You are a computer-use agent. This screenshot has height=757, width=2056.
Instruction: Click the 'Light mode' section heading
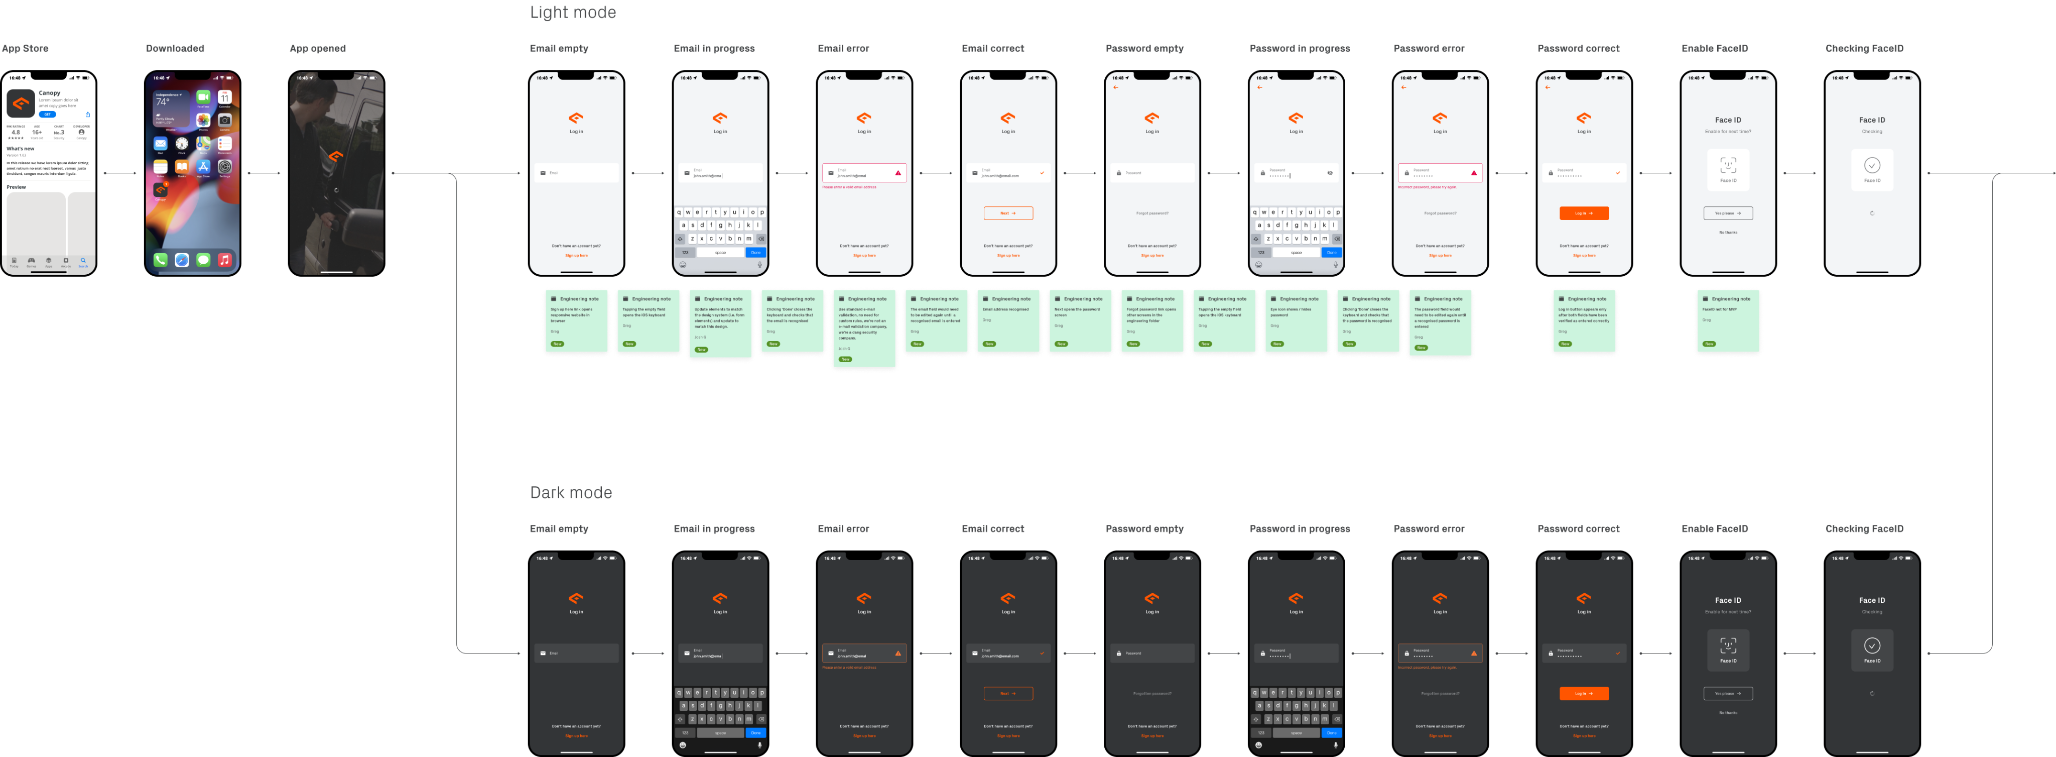tap(572, 13)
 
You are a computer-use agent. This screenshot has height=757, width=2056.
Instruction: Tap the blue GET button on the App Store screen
tap(48, 114)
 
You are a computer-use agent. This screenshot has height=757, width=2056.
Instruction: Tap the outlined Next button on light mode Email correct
tap(1008, 213)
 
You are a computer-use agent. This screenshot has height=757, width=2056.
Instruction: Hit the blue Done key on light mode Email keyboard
tap(755, 252)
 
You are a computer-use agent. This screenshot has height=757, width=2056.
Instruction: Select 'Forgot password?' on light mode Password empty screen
tap(1151, 213)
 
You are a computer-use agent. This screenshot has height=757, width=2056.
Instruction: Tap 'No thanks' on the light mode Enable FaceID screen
tap(1728, 233)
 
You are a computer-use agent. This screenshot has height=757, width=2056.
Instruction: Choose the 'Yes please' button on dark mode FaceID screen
tap(1728, 693)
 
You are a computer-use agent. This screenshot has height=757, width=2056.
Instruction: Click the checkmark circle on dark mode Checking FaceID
tap(1872, 645)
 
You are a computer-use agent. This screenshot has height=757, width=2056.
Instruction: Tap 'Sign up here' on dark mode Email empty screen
tap(576, 735)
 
